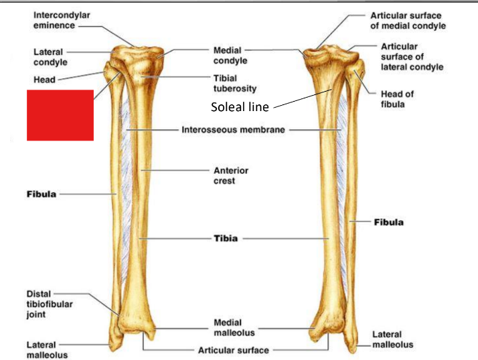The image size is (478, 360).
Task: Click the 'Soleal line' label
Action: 239,106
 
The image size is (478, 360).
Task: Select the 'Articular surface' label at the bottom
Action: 233,349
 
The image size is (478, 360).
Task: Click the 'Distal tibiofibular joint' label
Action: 49,304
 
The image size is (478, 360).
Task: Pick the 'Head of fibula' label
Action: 396,99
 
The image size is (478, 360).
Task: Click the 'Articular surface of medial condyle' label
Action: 407,20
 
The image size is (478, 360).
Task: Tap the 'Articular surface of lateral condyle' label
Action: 411,57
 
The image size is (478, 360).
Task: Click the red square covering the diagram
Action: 60,115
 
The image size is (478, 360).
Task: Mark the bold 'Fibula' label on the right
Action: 388,221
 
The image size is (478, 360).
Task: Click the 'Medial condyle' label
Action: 230,56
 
